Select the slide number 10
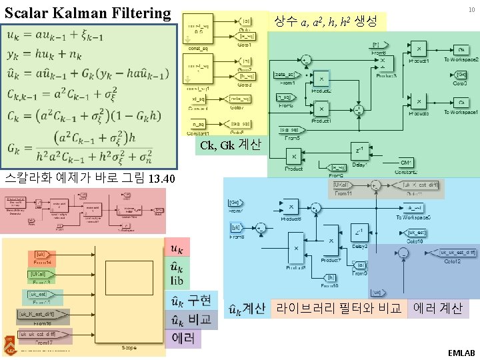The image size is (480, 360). tap(471, 9)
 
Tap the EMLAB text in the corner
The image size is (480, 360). tap(461, 352)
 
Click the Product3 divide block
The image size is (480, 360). tap(383, 63)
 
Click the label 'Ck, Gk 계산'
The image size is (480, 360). tap(231, 145)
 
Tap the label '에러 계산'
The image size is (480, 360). tap(438, 308)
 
